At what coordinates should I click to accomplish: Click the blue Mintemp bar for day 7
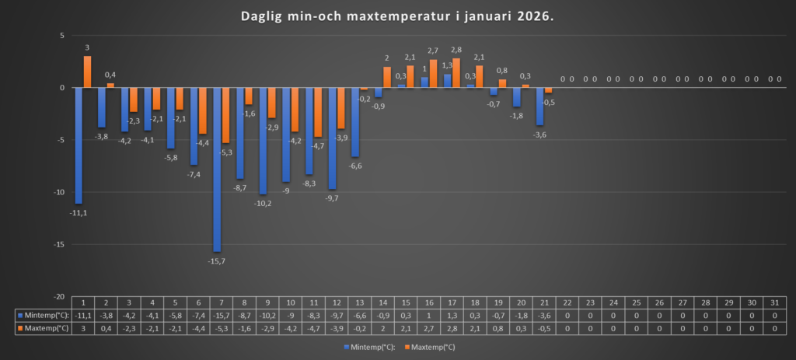(217, 170)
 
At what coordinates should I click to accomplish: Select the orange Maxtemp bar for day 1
(87, 72)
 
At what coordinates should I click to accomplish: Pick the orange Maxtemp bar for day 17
(456, 73)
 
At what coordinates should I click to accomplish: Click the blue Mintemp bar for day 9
(264, 141)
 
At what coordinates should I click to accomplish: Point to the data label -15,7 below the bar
(217, 260)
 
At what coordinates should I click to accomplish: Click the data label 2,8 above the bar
(456, 51)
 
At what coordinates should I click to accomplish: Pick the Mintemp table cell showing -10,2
(267, 316)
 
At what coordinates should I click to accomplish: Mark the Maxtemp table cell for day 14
(382, 328)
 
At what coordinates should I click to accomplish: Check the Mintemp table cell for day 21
(544, 316)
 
